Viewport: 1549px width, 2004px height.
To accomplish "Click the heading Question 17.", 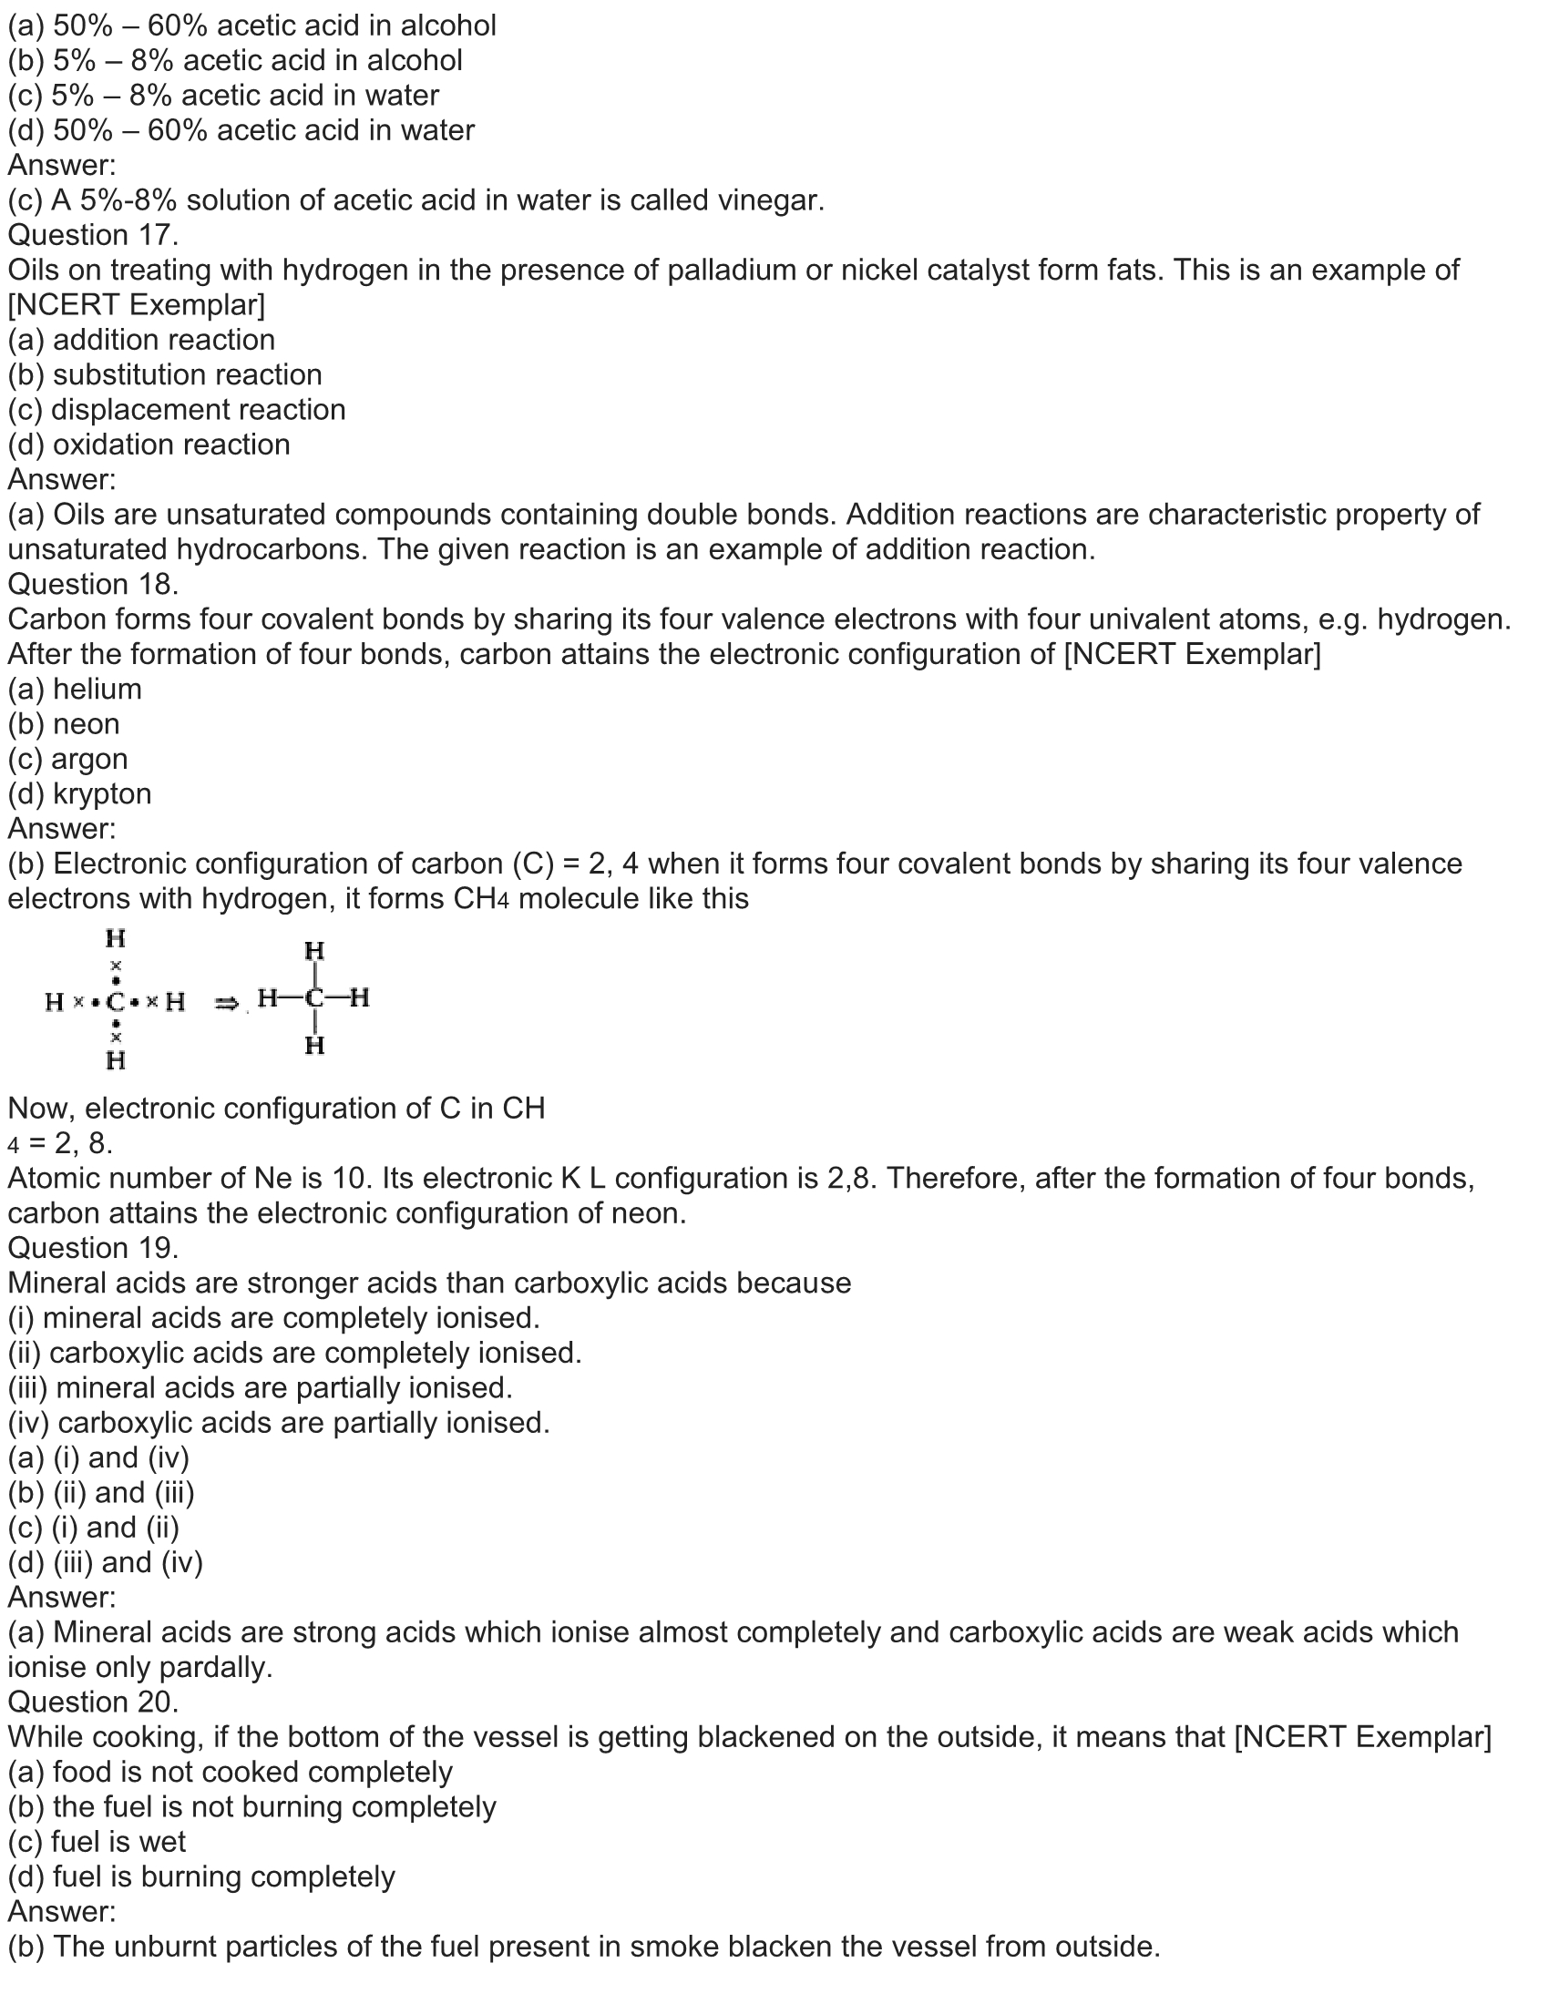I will pos(93,235).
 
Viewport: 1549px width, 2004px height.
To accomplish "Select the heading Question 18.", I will pos(93,584).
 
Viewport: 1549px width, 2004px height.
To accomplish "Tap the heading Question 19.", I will pos(93,1248).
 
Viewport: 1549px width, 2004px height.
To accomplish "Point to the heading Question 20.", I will pos(93,1702).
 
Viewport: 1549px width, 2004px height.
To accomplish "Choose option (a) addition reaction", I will pos(141,340).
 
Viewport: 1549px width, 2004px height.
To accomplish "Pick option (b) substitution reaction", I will pos(165,374).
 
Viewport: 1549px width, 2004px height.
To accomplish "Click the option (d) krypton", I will pos(80,793).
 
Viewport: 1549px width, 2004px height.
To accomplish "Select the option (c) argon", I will pos(68,759).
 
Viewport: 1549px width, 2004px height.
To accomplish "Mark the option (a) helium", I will pos(76,690).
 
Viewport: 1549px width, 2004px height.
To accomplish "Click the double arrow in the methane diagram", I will pos(226,1003).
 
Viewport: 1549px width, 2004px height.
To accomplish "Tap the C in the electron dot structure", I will pos(116,1002).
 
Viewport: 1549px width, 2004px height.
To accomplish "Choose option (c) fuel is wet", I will pos(97,1842).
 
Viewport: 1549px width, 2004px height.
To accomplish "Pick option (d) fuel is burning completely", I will pos(202,1876).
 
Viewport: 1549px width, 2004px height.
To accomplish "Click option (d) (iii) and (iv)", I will pos(106,1562).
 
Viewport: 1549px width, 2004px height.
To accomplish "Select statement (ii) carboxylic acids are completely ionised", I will pos(294,1353).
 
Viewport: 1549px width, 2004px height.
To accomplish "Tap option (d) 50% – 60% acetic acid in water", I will pos(241,130).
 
